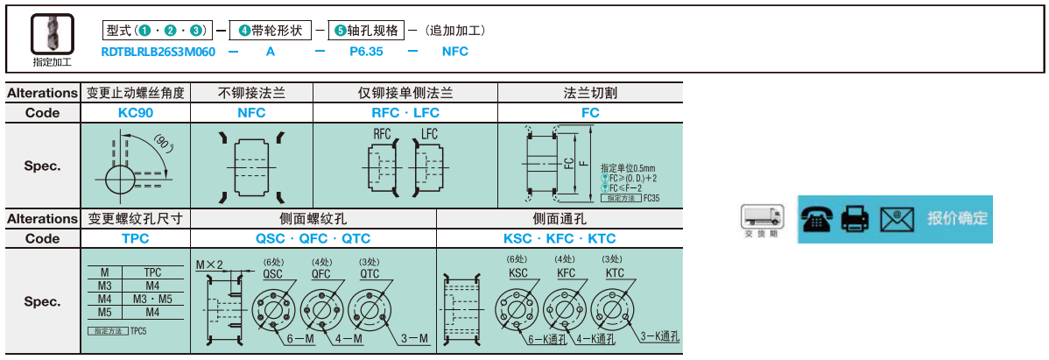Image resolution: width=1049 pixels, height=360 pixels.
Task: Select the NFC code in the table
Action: coord(251,112)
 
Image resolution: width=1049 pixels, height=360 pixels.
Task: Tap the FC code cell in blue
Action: coord(590,112)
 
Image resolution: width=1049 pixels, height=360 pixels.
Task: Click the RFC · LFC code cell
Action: coord(405,112)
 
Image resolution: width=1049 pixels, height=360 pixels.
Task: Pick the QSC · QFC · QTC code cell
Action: coord(313,238)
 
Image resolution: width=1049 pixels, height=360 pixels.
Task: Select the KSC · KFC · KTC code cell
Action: coord(560,238)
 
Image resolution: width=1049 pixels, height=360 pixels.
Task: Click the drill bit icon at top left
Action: coord(52,35)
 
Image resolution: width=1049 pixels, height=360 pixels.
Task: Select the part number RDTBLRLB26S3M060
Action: coord(158,52)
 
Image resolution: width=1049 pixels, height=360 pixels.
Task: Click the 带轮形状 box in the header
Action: coord(271,31)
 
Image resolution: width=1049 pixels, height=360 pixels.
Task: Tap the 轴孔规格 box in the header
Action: coord(366,31)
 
